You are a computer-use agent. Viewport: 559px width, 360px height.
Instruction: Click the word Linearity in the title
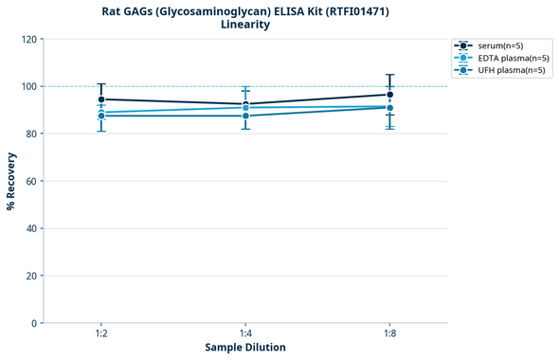[245, 25]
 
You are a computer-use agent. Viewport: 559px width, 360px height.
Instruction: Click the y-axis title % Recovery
[11, 180]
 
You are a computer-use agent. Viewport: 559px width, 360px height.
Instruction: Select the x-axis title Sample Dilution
[245, 348]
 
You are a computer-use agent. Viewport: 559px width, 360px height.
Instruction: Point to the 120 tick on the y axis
[30, 39]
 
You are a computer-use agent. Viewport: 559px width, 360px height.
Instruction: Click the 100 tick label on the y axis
[30, 86]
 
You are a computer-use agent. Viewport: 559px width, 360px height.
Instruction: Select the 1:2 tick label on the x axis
[100, 334]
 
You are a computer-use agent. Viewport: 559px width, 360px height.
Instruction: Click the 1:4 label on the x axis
[245, 334]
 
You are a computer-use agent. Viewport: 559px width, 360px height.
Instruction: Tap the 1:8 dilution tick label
[389, 334]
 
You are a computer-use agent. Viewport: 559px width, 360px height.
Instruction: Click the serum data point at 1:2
[101, 99]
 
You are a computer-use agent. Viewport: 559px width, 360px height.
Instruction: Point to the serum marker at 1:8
[389, 95]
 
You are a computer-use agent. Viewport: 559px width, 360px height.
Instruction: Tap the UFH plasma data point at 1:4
[245, 116]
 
